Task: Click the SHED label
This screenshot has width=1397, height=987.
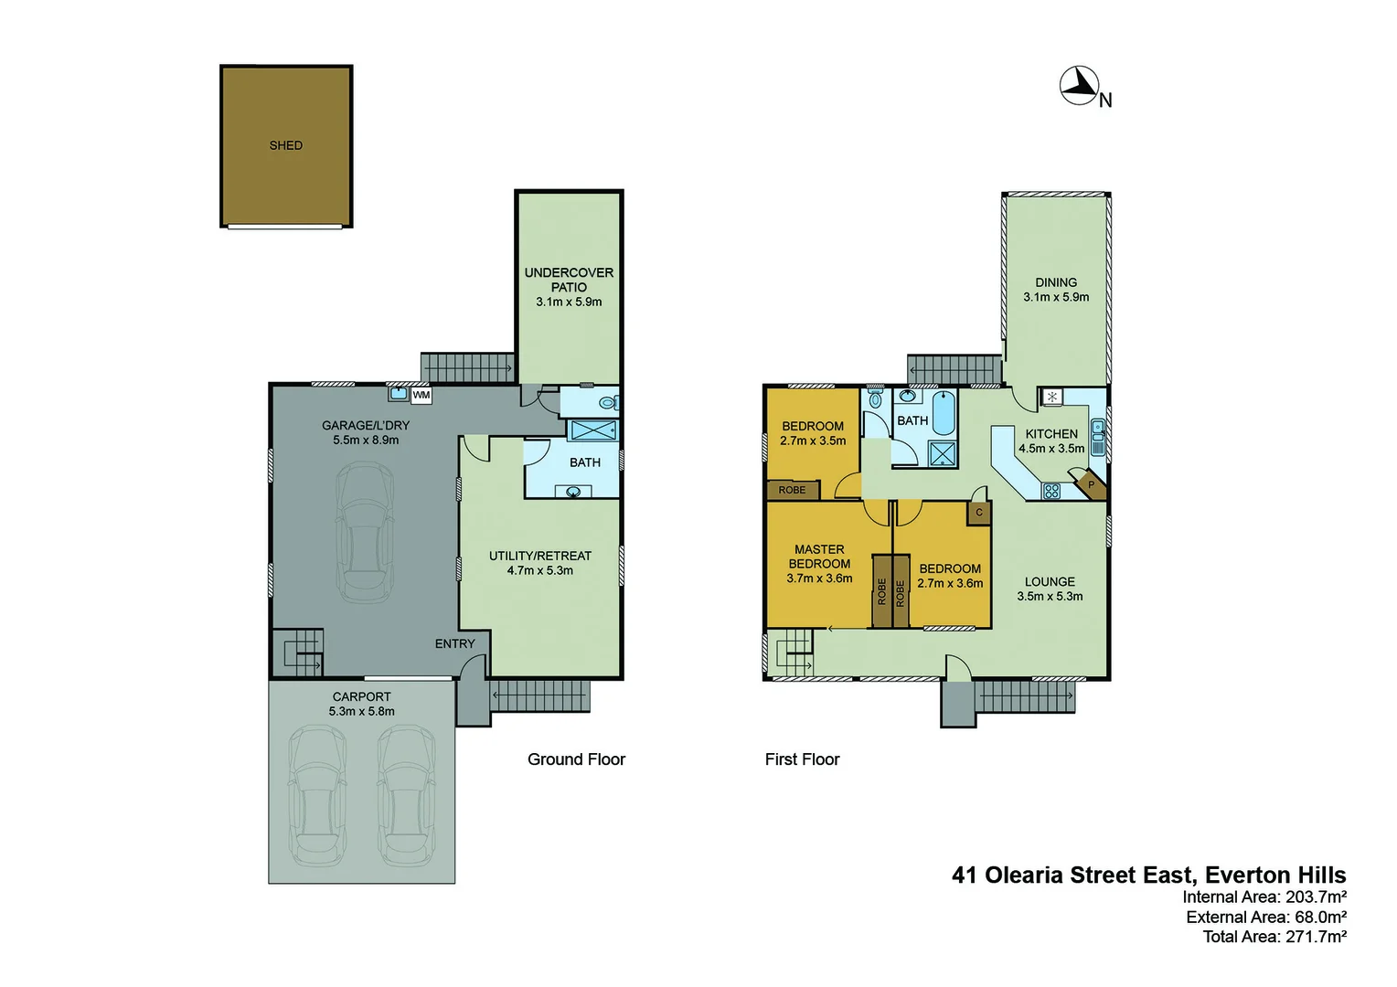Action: coord(285,145)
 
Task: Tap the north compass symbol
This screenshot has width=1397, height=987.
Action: coord(1079,86)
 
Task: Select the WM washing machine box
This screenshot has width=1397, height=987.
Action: coord(421,395)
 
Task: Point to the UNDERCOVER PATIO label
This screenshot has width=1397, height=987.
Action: coord(569,280)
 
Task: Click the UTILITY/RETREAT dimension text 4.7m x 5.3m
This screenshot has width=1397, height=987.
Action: coord(540,570)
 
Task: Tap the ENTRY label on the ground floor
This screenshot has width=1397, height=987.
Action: coord(454,643)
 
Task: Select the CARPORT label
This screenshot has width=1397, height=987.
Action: coord(361,696)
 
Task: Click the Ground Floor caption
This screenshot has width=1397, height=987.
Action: coord(576,759)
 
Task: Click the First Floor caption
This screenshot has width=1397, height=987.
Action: coord(802,759)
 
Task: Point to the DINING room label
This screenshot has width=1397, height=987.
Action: coord(1056,282)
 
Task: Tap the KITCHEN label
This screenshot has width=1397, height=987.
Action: coord(1051,434)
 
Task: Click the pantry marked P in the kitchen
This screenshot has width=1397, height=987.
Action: coord(1090,484)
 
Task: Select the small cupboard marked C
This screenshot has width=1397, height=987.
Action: coord(978,513)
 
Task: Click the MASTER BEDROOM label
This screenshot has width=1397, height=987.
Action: coord(819,557)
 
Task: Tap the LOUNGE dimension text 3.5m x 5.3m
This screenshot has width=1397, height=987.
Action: coord(1050,596)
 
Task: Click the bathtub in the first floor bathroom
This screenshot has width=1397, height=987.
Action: coord(943,414)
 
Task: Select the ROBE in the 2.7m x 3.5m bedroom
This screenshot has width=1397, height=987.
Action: coord(792,490)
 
